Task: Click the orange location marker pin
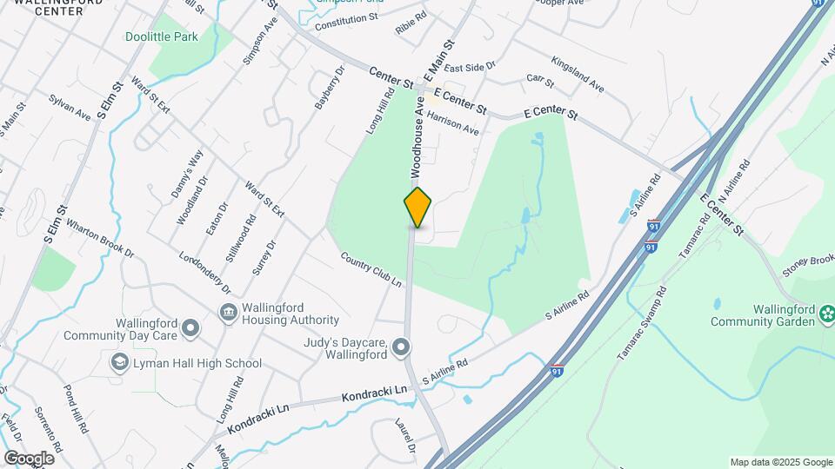click(x=417, y=208)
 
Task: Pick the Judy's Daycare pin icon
click(x=401, y=348)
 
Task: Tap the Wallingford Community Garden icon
click(x=827, y=313)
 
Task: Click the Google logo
click(x=29, y=458)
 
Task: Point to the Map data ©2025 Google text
click(x=779, y=462)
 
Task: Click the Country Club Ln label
click(x=371, y=269)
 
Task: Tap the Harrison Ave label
click(x=453, y=123)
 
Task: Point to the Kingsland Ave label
click(x=578, y=75)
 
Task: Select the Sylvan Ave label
click(x=70, y=108)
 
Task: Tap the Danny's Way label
click(x=189, y=174)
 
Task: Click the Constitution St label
click(x=347, y=17)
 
